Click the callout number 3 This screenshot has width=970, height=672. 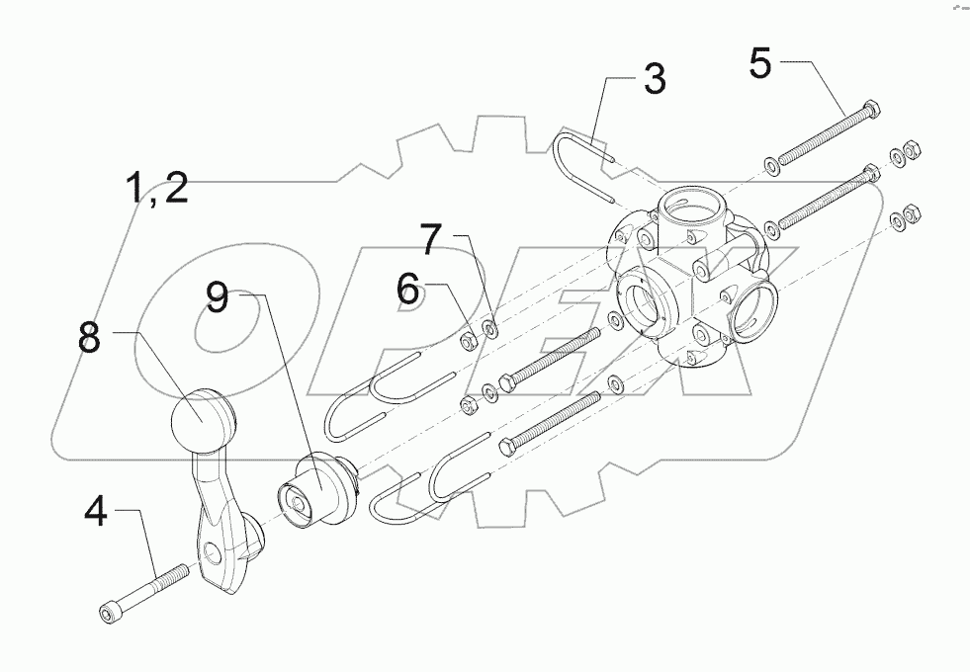[655, 79]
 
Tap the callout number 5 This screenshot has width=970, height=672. [759, 62]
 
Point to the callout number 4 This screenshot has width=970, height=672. [95, 513]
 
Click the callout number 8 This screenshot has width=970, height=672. [90, 338]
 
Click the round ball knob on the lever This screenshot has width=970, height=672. [204, 421]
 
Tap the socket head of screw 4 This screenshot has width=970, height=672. [107, 614]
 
